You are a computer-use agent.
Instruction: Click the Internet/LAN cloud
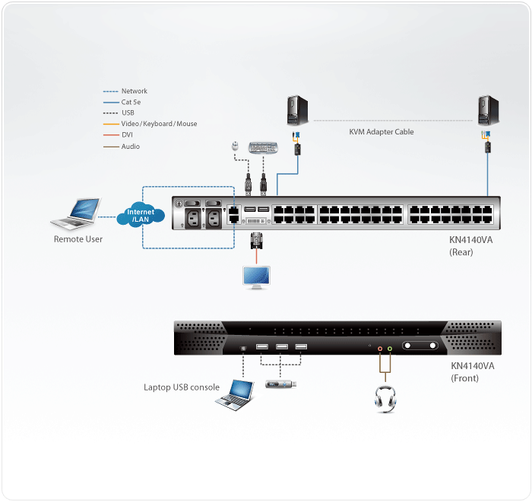pos(141,216)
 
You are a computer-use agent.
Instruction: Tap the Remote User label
pos(78,239)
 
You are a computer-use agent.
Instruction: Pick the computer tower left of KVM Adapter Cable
pos(296,111)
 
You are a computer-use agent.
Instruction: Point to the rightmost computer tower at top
pos(486,111)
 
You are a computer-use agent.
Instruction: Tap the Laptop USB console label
pos(182,387)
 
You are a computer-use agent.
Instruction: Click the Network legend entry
pos(134,91)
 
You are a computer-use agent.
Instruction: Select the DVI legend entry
pos(127,135)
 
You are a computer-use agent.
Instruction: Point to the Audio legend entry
pos(130,147)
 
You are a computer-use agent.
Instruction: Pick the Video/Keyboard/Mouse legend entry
pos(159,124)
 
